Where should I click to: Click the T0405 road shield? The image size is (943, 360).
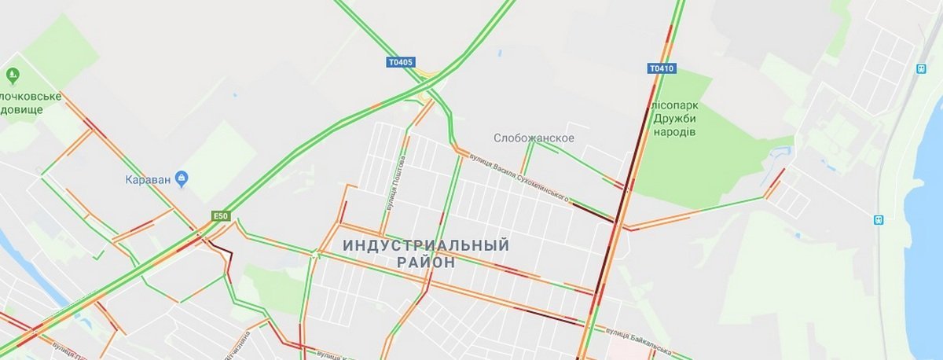(x=401, y=62)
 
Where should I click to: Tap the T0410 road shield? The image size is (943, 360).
(x=662, y=68)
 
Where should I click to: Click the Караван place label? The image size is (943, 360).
(x=149, y=178)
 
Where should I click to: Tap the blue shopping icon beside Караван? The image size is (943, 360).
(x=182, y=178)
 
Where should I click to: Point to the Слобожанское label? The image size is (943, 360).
(x=534, y=138)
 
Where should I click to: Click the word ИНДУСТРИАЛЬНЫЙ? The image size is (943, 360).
(x=426, y=245)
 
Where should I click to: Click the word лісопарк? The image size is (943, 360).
(x=673, y=105)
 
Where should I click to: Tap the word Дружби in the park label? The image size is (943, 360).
(x=673, y=118)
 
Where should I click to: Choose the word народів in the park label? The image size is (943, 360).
(x=673, y=132)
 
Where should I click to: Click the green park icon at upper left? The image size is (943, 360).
(x=13, y=75)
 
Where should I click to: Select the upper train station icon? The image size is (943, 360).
(x=919, y=68)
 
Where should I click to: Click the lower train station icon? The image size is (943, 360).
(x=879, y=219)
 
